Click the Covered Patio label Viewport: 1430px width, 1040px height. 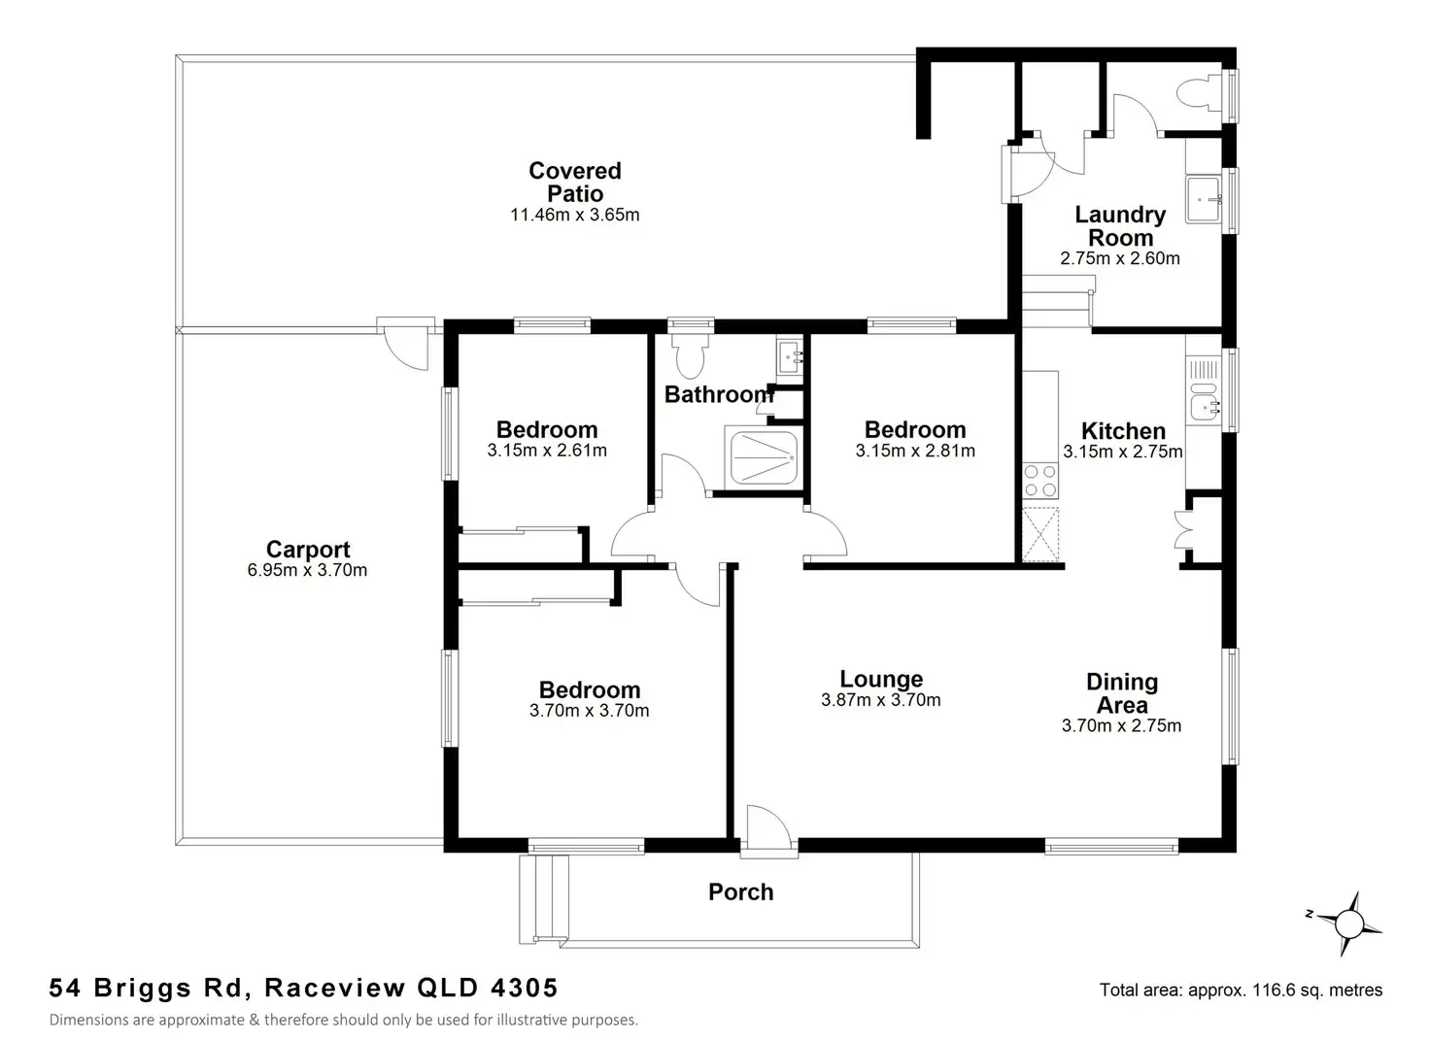pos(575,182)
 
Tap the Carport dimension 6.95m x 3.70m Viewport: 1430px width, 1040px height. pos(307,571)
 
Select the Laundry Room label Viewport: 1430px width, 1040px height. pos(1120,226)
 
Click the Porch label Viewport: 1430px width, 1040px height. pos(740,892)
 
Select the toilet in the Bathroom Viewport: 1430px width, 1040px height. pos(692,355)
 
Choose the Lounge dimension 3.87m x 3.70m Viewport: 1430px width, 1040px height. pos(880,700)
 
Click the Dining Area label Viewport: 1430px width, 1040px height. pos(1122,693)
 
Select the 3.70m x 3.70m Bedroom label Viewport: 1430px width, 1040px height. pos(590,690)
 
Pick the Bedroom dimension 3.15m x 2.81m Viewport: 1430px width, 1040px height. pos(915,452)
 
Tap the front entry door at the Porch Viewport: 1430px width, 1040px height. pos(767,831)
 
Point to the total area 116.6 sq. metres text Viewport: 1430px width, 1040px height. pos(1241,990)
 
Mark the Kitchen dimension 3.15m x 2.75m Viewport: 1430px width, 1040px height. pos(1122,452)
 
